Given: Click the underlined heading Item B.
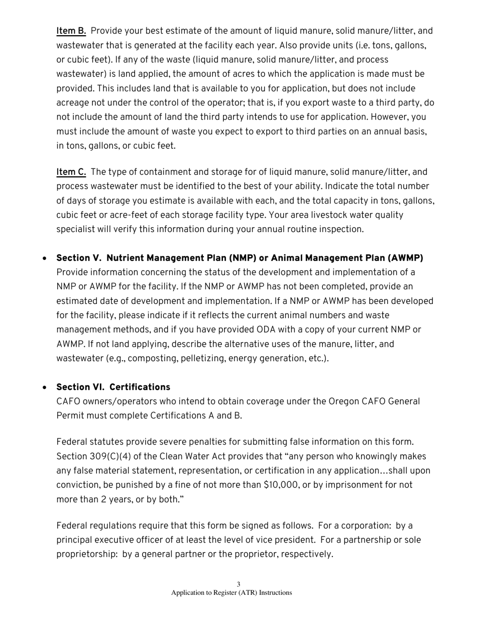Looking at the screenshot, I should [x=71, y=31].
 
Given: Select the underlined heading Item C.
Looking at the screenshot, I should [x=71, y=172].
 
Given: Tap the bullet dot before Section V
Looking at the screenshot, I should [x=46, y=259].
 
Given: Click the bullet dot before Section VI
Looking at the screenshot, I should [x=46, y=388].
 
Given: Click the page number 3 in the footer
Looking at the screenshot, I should [x=238, y=584].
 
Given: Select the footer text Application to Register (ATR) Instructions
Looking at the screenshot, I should [x=231, y=593].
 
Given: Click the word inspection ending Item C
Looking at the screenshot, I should [x=339, y=230].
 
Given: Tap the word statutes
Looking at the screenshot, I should [x=107, y=442].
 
